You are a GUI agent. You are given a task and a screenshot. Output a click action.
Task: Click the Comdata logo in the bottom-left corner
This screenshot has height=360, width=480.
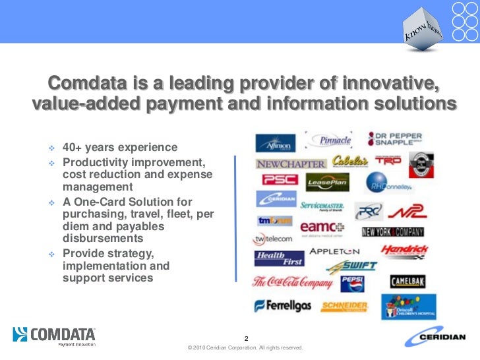tap(54, 336)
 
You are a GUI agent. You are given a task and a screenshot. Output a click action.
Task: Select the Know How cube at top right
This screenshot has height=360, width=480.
tap(423, 30)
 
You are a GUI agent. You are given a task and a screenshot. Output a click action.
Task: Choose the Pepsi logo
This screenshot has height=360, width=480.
tap(352, 284)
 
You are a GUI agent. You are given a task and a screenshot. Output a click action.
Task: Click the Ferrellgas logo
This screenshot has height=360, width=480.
tap(282, 305)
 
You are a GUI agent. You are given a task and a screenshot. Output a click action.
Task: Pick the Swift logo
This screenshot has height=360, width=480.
tap(353, 266)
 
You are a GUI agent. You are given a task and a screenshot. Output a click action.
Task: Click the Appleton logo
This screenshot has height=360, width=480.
tap(334, 251)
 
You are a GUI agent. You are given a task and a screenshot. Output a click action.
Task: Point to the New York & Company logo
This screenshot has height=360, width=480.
tap(392, 232)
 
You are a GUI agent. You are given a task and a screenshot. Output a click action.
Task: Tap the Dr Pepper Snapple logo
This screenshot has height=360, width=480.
tap(395, 138)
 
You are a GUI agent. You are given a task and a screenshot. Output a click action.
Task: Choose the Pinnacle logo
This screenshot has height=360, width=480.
tap(336, 140)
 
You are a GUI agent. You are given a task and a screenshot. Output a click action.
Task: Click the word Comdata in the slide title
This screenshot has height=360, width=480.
tap(87, 84)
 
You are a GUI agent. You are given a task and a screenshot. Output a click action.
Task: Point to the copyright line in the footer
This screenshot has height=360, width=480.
tap(245, 347)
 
